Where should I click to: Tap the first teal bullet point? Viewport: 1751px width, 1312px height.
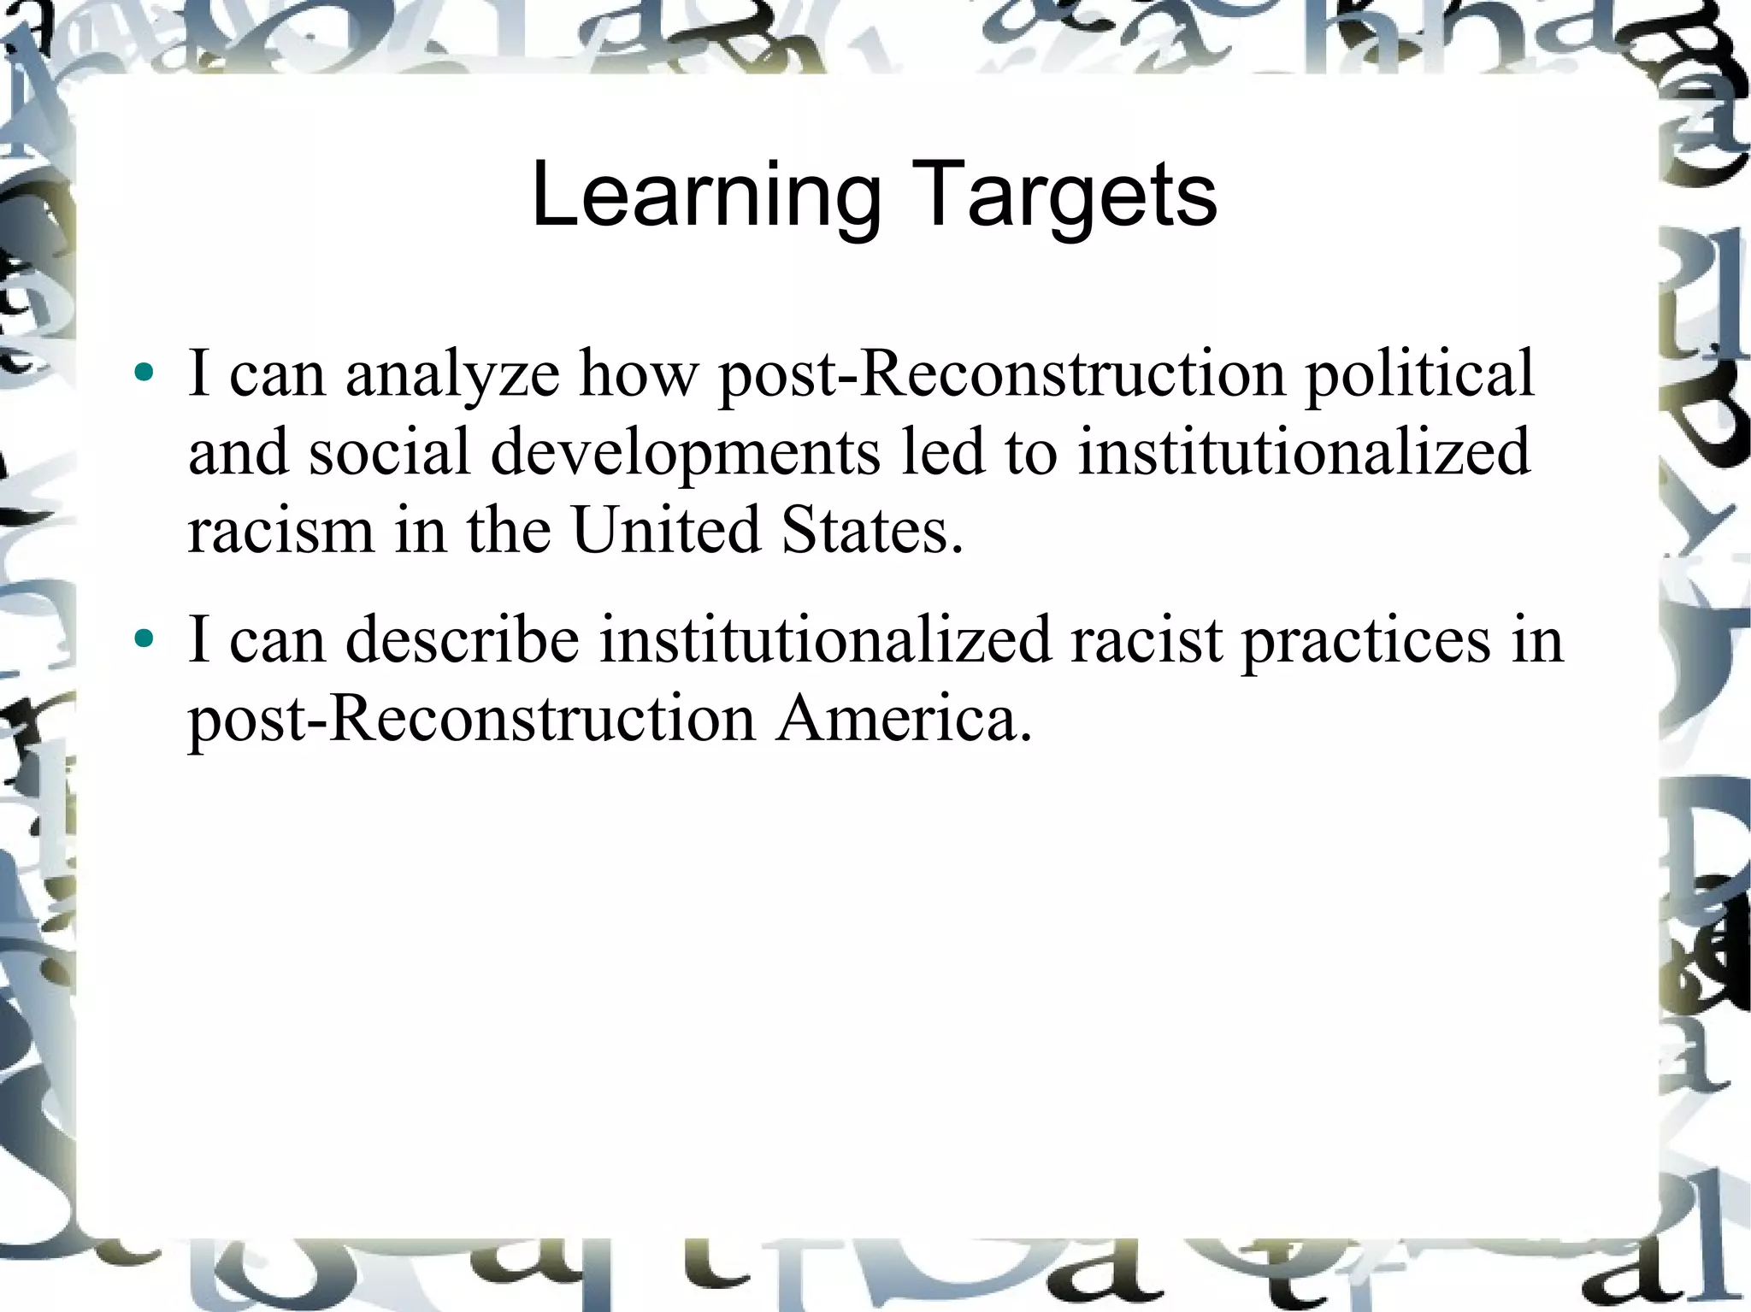pos(144,373)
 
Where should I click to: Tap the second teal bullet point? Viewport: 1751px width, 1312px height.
pos(144,638)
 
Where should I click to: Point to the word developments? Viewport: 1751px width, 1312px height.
pos(685,453)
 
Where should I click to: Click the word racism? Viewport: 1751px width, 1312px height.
pos(280,530)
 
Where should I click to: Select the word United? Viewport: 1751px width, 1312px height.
pos(666,530)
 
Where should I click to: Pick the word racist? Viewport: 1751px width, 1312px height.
pos(1147,640)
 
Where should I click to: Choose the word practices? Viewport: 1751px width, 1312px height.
pos(1366,640)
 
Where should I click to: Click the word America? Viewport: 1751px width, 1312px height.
pos(905,719)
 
